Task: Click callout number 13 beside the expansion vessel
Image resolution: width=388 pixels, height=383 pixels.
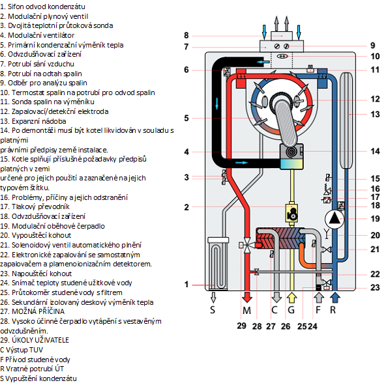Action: pos(375,115)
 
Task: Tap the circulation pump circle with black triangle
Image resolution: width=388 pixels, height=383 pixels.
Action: pos(335,219)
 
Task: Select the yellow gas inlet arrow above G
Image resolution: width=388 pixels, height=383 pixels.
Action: pos(291,298)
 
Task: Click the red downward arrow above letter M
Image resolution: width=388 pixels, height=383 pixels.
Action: pos(247,297)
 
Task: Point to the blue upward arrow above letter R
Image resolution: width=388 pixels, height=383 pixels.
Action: pos(335,298)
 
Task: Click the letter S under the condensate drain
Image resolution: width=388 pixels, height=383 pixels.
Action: pos(213,310)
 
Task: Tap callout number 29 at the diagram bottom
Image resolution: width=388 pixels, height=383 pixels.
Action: pos(241,326)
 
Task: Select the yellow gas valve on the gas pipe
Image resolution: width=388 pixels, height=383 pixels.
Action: pos(291,212)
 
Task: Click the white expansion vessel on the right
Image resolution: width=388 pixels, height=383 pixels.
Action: pos(346,120)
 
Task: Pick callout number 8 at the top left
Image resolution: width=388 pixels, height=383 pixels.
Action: pos(187,36)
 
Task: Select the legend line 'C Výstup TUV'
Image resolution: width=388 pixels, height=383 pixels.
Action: pos(22,350)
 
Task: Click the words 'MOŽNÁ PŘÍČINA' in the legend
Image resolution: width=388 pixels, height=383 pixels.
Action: pos(38,311)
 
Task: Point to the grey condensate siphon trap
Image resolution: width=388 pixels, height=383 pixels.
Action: pos(218,263)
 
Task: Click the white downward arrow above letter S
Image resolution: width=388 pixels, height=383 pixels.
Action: pos(213,297)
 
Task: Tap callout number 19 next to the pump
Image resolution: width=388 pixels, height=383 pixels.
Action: pos(375,219)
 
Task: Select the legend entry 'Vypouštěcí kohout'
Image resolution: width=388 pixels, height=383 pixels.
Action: pos(41,235)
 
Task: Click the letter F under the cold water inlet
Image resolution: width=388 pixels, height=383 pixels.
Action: pos(318,310)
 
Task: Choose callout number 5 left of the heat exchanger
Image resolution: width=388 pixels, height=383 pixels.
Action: pos(187,118)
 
